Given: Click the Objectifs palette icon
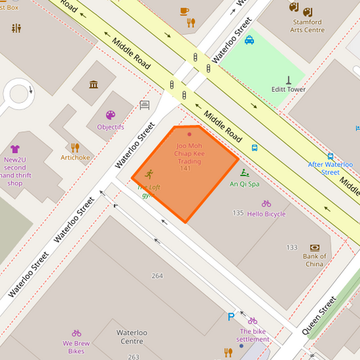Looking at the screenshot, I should tap(110, 115).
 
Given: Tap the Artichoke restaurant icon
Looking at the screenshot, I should tap(75, 147).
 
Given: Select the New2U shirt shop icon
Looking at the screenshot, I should tap(15, 149).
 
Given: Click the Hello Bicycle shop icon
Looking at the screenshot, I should tap(266, 203).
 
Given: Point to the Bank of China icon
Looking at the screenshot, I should tap(314, 248).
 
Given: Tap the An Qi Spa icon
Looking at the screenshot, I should tap(244, 173).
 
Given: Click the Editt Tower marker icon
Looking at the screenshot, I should tap(288, 80).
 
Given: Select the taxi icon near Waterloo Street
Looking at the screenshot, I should tap(249, 40).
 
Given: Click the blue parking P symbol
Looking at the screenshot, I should tap(231, 317).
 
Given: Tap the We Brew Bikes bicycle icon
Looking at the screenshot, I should tap(76, 333).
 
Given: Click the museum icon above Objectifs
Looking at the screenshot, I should tap(93, 84).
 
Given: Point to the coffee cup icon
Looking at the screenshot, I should tap(184, 11).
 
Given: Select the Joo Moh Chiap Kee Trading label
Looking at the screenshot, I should tap(189, 153).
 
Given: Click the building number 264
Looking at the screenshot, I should tap(157, 276).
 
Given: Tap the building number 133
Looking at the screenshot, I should tap(292, 248).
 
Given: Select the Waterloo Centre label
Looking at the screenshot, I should tap(132, 336).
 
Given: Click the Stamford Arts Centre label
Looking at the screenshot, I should tap(307, 26).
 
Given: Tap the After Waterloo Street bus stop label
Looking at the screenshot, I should tap(330, 168).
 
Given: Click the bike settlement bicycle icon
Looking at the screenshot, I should tap(253, 321).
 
